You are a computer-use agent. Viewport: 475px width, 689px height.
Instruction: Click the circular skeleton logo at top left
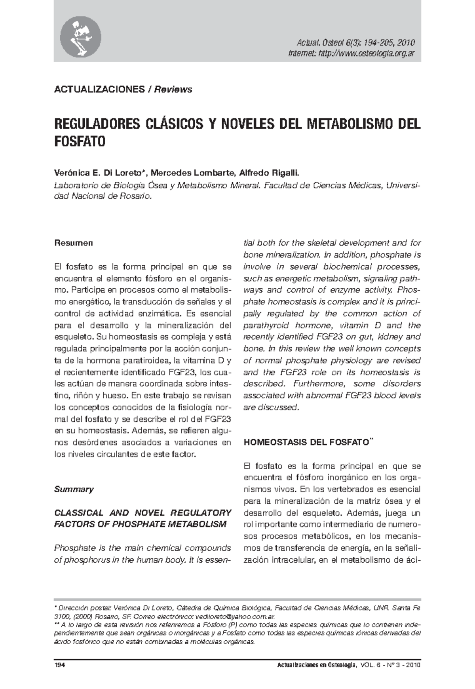tap(80, 37)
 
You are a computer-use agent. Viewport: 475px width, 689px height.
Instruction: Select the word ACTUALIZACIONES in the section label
tap(99, 89)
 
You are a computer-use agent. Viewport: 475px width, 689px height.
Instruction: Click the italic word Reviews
tap(173, 89)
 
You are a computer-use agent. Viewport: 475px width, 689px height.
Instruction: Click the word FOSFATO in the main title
tap(80, 141)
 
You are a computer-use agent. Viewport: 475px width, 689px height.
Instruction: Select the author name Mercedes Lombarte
tap(193, 173)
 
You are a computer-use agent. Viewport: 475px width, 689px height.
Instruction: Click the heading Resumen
tap(74, 243)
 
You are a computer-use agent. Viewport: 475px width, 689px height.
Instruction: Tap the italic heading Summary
tap(74, 489)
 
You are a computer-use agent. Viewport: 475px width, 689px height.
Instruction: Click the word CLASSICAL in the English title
tap(79, 513)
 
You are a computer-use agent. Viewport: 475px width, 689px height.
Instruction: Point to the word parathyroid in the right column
tap(267, 325)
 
